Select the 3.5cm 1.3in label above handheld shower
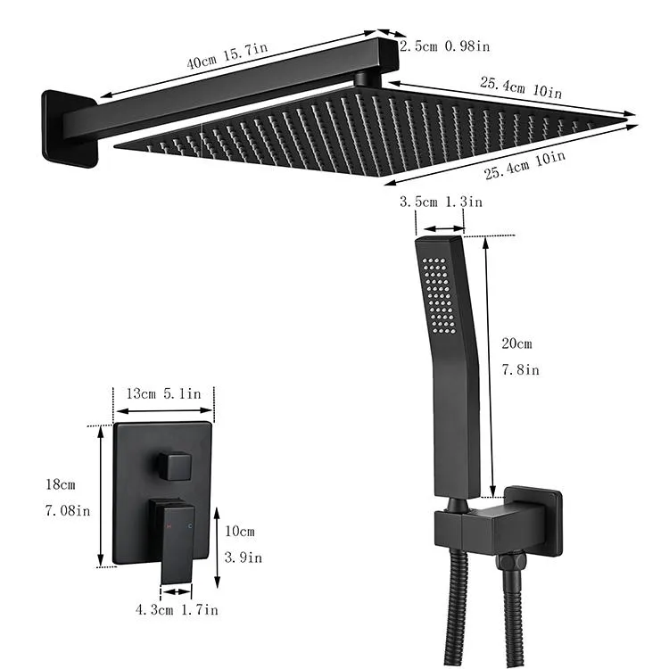(441, 202)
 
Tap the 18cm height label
(61, 484)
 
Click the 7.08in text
(64, 512)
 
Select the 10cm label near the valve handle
(240, 532)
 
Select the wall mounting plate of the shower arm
(68, 128)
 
